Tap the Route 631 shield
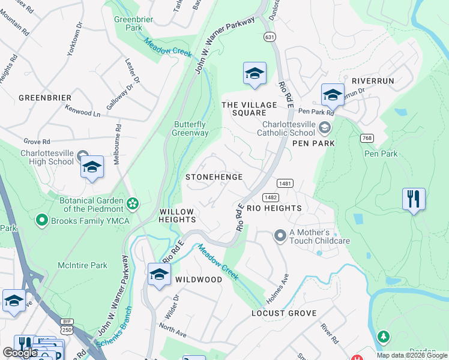click(271, 37)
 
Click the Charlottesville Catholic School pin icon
click(325, 127)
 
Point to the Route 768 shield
click(367, 138)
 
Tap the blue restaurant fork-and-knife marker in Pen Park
click(414, 199)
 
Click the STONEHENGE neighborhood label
click(214, 177)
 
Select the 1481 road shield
click(285, 183)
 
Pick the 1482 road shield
click(270, 197)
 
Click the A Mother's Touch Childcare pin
click(279, 235)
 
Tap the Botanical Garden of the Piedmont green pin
click(133, 204)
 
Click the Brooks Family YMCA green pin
click(42, 220)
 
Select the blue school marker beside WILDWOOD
click(159, 274)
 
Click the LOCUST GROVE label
click(284, 314)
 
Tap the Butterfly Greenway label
click(191, 128)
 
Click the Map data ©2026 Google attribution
click(411, 355)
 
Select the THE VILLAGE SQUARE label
click(249, 109)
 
